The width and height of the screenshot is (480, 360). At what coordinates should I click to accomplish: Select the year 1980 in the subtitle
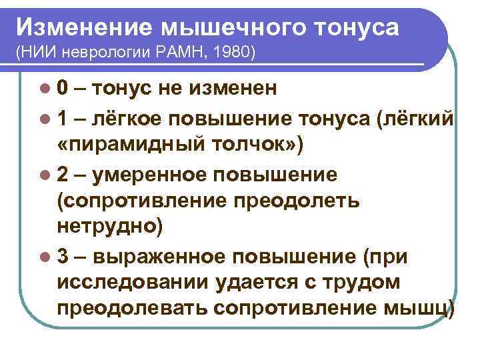(233, 52)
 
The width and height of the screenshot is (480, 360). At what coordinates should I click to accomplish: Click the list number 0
(61, 89)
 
